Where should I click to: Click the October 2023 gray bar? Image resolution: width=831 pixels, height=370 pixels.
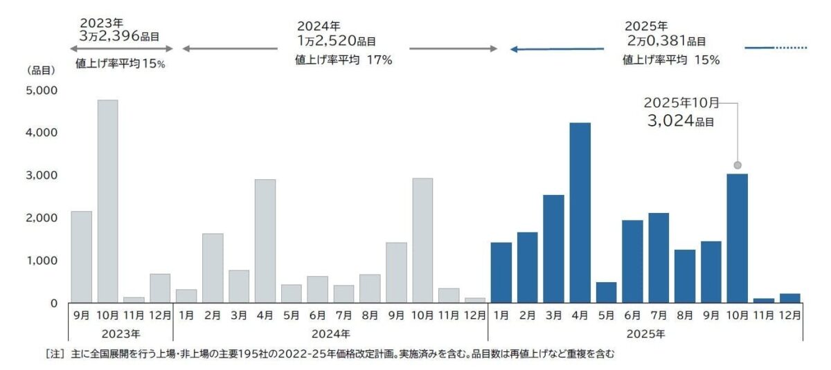107,201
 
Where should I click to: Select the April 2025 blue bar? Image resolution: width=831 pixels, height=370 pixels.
580,212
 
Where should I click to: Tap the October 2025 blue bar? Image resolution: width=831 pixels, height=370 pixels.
738,238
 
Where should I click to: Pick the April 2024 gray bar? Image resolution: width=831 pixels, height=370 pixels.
265,241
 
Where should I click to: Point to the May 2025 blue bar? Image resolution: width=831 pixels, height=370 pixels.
606,292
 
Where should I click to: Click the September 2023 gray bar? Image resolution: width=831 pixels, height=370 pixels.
81,257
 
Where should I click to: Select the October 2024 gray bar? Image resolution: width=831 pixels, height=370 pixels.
422,240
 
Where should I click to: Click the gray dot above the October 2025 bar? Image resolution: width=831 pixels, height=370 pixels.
738,165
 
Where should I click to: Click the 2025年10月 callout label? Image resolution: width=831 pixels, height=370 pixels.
681,103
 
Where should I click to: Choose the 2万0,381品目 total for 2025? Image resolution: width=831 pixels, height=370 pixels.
665,41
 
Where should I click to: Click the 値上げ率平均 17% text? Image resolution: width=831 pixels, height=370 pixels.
344,60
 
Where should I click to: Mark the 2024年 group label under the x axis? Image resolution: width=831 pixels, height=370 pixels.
330,334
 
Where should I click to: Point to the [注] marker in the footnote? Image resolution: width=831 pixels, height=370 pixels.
55,354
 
